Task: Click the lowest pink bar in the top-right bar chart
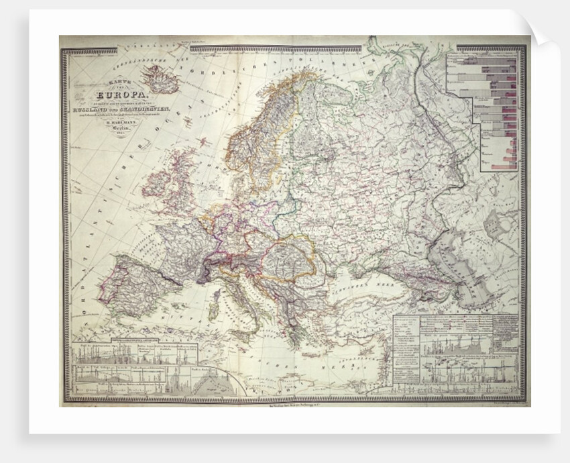coord(502,166)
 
